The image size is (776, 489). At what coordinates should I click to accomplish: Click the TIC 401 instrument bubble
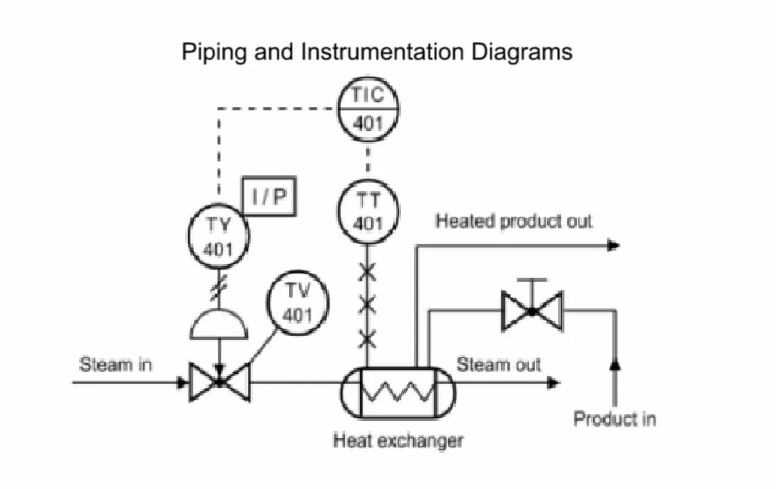[x=368, y=109]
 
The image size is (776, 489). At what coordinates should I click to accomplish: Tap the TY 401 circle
[x=218, y=236]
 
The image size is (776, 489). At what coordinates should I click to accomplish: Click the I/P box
[x=269, y=196]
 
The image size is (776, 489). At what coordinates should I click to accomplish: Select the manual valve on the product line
[x=532, y=311]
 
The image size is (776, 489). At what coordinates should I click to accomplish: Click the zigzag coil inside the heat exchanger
[x=398, y=393]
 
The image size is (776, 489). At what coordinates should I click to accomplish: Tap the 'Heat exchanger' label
[x=398, y=441]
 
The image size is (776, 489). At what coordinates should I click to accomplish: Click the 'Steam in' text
[x=116, y=364]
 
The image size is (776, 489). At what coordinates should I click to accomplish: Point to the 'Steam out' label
[x=498, y=364]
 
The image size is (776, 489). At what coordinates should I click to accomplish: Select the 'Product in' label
[x=614, y=419]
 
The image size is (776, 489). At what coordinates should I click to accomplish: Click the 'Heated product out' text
[x=514, y=222]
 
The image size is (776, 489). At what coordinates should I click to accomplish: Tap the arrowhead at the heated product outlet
[x=614, y=245]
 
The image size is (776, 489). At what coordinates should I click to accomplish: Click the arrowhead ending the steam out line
[x=553, y=382]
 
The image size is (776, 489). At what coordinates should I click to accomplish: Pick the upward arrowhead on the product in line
[x=615, y=363]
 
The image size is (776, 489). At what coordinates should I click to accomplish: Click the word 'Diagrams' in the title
[x=522, y=51]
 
